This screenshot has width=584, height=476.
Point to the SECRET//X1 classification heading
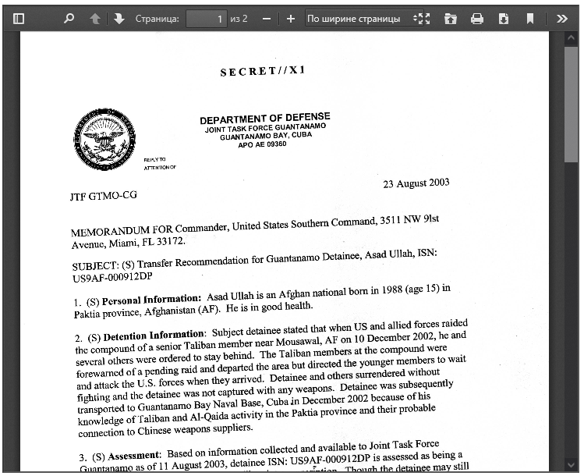[263, 72]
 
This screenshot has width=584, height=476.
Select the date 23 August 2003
[416, 183]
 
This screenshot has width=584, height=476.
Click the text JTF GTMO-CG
[103, 196]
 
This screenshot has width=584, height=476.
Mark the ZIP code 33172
[170, 241]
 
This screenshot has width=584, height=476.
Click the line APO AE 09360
[262, 144]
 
